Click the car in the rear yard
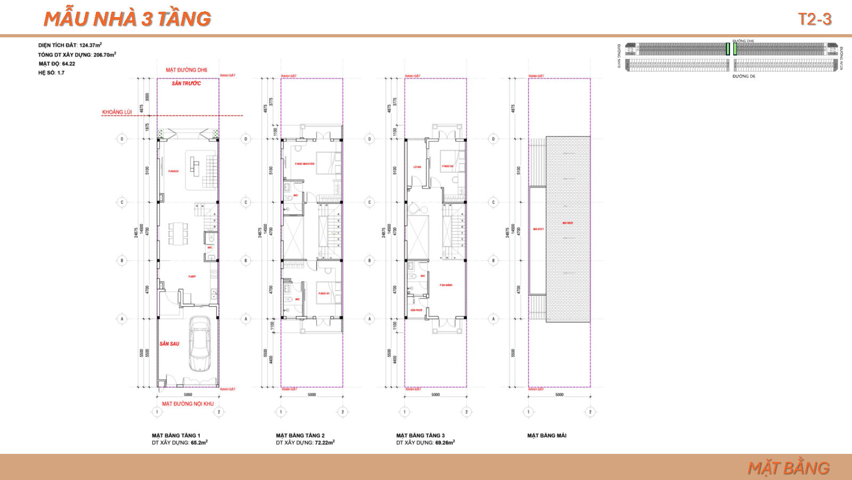point(200,344)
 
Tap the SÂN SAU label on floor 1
point(169,344)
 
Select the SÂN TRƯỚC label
point(186,84)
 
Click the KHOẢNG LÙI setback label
point(117,112)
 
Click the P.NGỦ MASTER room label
point(305,164)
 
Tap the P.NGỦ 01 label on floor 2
point(324,294)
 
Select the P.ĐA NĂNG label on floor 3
point(446,285)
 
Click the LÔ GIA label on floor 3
point(417,167)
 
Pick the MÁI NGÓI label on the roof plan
point(567,223)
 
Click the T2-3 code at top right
point(814,19)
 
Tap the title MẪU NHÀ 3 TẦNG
point(127,19)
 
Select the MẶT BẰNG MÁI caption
point(546,436)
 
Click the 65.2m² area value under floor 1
point(199,443)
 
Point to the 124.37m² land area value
point(90,45)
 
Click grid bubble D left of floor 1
point(122,139)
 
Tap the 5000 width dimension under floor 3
point(436,395)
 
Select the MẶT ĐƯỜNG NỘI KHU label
point(187,404)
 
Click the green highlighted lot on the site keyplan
point(728,49)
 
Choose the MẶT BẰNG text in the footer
point(788,468)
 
